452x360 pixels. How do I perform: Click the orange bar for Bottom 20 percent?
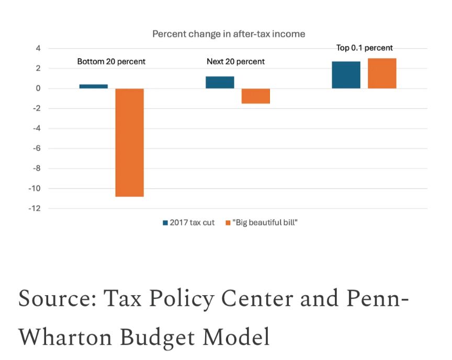point(129,142)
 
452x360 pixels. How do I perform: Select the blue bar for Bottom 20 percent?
point(94,86)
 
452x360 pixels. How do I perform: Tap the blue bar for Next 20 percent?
point(220,82)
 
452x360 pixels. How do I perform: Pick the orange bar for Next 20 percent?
point(255,96)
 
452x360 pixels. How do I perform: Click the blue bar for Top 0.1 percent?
point(346,75)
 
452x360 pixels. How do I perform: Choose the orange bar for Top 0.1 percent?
point(382,73)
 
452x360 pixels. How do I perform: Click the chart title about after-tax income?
point(229,33)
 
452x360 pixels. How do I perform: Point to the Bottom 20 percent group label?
point(111,61)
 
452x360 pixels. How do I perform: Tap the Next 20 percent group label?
point(235,61)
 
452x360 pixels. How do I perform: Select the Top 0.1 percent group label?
point(364,48)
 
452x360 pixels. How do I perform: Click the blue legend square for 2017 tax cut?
point(165,223)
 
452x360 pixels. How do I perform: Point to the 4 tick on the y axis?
point(38,49)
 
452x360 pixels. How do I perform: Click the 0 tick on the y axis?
point(38,88)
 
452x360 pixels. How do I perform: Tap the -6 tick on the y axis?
point(36,149)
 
